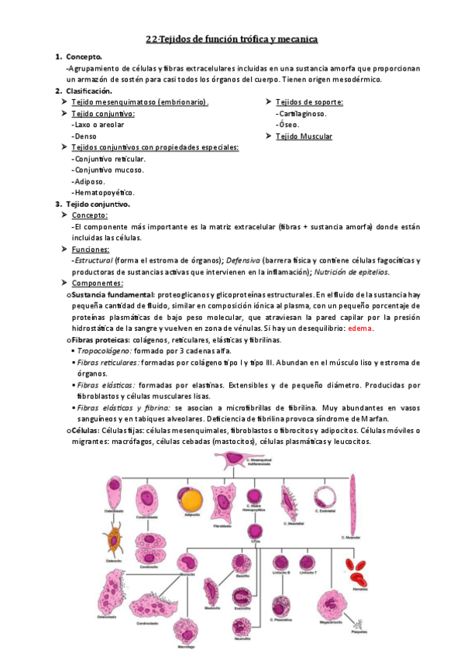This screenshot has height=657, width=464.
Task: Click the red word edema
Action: (361, 328)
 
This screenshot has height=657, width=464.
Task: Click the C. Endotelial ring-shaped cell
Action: (324, 496)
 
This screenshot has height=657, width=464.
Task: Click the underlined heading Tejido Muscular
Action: (304, 136)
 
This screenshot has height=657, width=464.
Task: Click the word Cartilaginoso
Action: (301, 113)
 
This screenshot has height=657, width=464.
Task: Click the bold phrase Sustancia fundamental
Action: (112, 295)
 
